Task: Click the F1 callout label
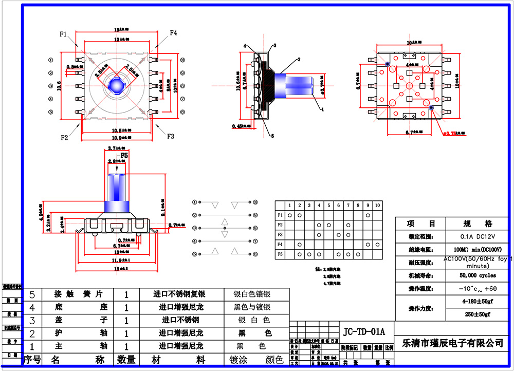(x=63, y=34)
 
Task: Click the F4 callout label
(x=173, y=33)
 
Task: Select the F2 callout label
(x=64, y=137)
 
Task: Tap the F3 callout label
(x=170, y=136)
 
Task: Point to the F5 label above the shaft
(x=125, y=155)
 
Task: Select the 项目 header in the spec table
(x=421, y=224)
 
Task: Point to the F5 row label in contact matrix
(x=280, y=254)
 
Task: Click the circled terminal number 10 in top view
(x=182, y=60)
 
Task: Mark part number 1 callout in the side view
(x=322, y=109)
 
